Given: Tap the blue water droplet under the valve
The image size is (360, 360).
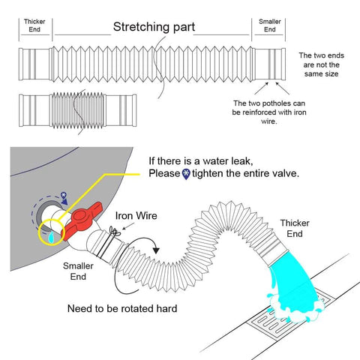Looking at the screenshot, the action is tap(51, 237).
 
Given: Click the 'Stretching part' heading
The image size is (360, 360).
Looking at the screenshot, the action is tap(154, 27).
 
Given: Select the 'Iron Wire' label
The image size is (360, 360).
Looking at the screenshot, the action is tap(136, 215).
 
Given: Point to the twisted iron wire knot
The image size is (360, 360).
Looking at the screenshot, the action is tap(115, 232).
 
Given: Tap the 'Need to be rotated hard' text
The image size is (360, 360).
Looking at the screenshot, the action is tap(122, 308).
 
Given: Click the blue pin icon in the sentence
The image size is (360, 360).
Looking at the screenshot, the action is tap(186, 174).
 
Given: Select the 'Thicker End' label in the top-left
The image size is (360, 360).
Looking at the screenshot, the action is tap(34, 25).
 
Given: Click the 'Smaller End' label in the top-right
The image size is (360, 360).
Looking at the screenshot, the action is tap(270, 25).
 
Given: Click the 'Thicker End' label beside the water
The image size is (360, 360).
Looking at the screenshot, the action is tap(295, 228).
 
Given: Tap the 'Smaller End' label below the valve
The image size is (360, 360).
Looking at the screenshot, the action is tap(78, 271).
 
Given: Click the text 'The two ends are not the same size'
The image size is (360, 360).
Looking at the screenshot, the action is tap(321, 64).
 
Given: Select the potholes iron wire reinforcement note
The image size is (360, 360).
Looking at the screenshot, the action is tap(269, 112).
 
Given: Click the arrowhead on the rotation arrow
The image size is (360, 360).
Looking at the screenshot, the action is tap(156, 250).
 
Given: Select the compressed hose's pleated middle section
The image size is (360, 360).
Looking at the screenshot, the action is tap(77, 110).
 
